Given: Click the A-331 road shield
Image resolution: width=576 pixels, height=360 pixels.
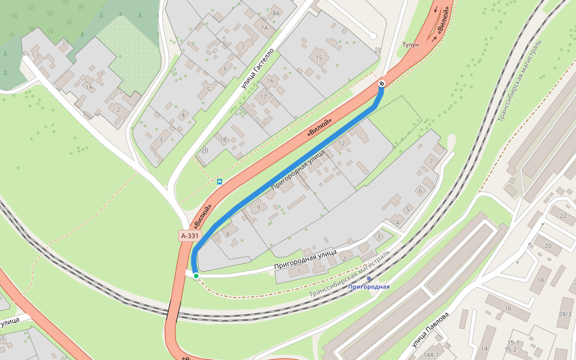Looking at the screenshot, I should click(190, 236).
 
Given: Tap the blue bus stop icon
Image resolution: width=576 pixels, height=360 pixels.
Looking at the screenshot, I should click(220, 181).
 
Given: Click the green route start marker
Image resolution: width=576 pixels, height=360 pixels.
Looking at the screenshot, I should click(196, 276).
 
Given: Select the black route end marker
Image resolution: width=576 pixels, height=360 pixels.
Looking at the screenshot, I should click(382, 83).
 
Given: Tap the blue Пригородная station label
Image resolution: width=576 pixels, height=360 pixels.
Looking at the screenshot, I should click(369, 287).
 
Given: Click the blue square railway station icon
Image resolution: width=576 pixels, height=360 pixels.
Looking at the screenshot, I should click(369, 278).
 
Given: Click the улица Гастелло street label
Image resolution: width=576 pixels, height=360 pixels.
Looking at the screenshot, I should click(257, 69).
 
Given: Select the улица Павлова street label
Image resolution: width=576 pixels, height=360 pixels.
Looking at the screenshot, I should click(430, 329).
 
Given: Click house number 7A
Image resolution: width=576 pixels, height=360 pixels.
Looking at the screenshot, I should click(263, 28).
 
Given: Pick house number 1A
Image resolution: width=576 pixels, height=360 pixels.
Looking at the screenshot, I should click(89, 88).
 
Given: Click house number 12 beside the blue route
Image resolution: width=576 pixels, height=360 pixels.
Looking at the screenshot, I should click(341, 143).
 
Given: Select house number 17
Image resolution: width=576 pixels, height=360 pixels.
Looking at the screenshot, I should click(263, 97).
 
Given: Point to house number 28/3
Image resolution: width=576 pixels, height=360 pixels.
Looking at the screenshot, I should click(565, 314).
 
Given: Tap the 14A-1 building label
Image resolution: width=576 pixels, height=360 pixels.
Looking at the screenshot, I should click(431, 355).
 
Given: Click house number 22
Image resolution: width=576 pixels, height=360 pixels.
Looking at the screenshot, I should click(563, 215).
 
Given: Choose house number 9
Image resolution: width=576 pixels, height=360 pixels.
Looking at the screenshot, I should click(259, 208).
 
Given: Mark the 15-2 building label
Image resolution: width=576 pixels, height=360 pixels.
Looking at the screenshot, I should click(511, 349).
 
